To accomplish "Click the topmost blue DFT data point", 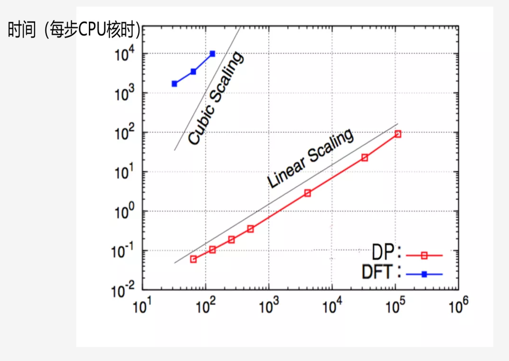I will pos(212,54).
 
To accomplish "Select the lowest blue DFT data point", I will pos(174,84).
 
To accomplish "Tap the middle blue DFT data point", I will pos(193,72).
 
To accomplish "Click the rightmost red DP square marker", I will pos(398,134).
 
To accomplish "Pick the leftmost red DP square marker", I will pos(193,259).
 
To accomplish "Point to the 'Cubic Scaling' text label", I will pos(216,98).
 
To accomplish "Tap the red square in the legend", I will pos(424,255).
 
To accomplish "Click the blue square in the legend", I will pos(424,274).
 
